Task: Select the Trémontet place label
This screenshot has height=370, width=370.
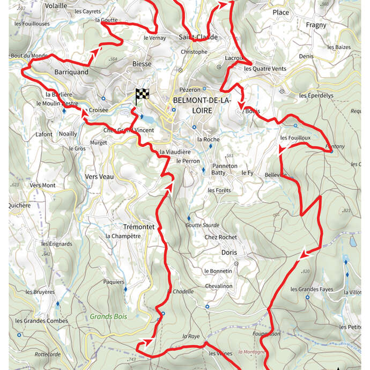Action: coord(139,227)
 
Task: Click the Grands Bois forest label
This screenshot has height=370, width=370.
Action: coord(108,316)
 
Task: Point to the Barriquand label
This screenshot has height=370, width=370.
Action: coord(71,71)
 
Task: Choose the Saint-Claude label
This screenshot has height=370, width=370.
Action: coord(198,37)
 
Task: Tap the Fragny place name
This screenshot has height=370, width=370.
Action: coord(316,25)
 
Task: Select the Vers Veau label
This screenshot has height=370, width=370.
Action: coord(99,176)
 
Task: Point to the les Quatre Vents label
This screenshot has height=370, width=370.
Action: coord(265,69)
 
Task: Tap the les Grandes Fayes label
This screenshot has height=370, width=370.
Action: coord(312,290)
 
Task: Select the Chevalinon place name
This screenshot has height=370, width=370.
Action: coord(219,286)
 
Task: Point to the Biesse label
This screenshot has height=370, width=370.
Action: coord(142,64)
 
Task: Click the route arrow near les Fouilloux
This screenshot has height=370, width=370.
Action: coord(280,152)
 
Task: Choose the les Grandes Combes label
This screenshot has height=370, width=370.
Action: coord(42,321)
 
